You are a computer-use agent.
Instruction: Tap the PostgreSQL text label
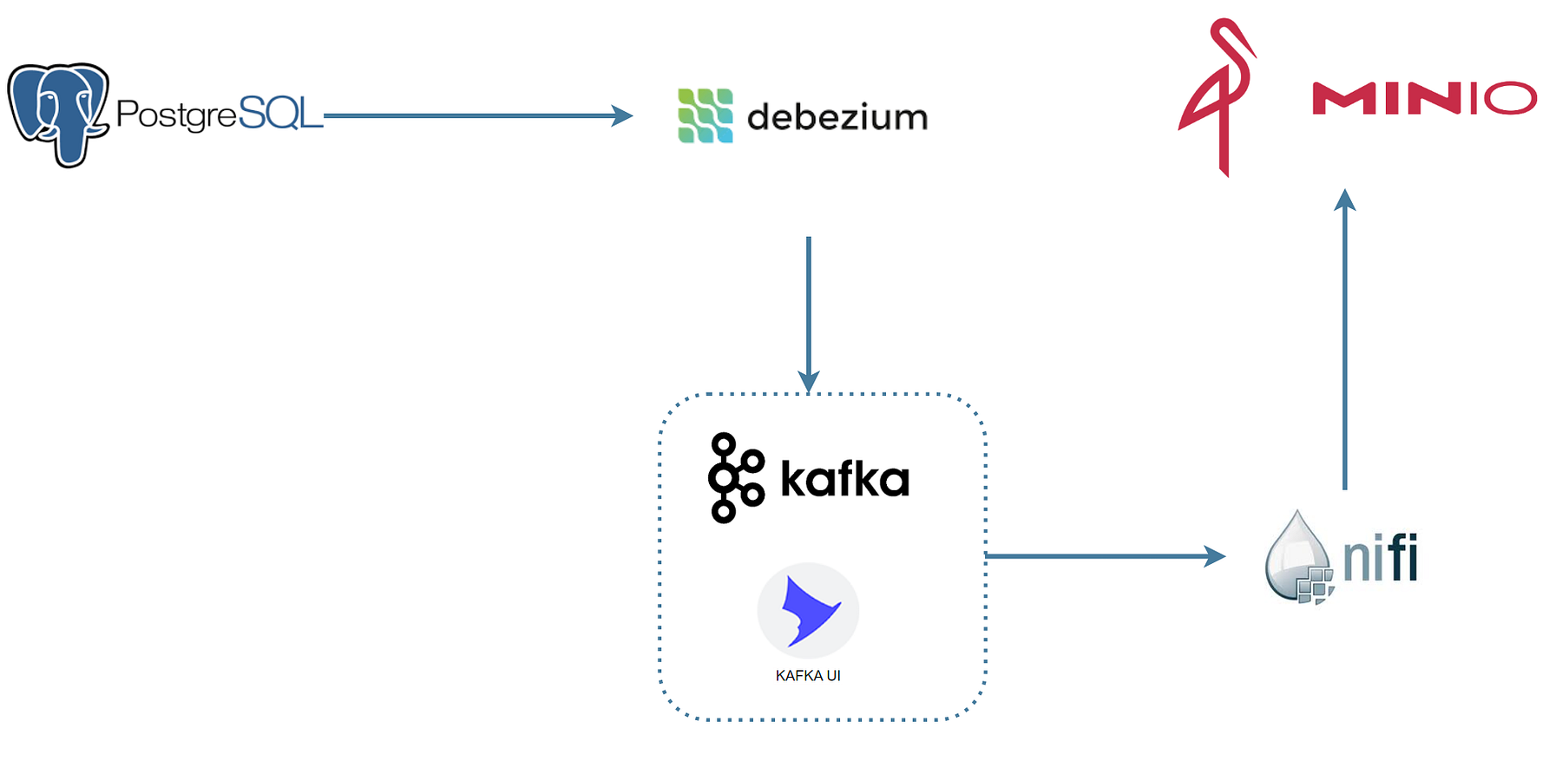coord(220,114)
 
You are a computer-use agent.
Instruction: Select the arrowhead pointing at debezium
coord(622,115)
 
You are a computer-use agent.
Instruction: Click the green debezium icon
coord(706,115)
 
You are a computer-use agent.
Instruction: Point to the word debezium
coord(837,116)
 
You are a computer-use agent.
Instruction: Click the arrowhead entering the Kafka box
coord(809,382)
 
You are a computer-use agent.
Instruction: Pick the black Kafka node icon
coord(736,478)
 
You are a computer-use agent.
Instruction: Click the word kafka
coord(845,479)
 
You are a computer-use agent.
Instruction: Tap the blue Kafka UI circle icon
coord(809,611)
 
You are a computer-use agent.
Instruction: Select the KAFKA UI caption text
coord(808,676)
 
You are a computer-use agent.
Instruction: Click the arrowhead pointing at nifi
coord(1215,556)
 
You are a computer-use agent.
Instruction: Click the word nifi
coord(1381,558)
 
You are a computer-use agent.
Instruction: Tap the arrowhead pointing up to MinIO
coord(1345,200)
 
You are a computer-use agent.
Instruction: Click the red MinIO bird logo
coord(1217,98)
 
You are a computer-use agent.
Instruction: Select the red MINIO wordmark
coord(1425,98)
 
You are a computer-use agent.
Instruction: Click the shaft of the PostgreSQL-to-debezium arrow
coord(469,115)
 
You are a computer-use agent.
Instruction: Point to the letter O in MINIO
coord(1511,98)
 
